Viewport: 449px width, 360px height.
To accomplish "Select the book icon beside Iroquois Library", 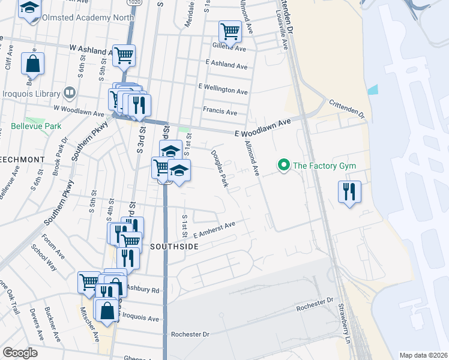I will [x=70, y=94].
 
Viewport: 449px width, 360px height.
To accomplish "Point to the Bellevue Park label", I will [x=36, y=127].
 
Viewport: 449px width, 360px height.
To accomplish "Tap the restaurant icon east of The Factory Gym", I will [x=349, y=192].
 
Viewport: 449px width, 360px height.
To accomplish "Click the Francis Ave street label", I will [x=220, y=112].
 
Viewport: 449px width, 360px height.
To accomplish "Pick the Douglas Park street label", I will [x=219, y=169].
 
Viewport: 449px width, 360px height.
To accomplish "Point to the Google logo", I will [x=20, y=353].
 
